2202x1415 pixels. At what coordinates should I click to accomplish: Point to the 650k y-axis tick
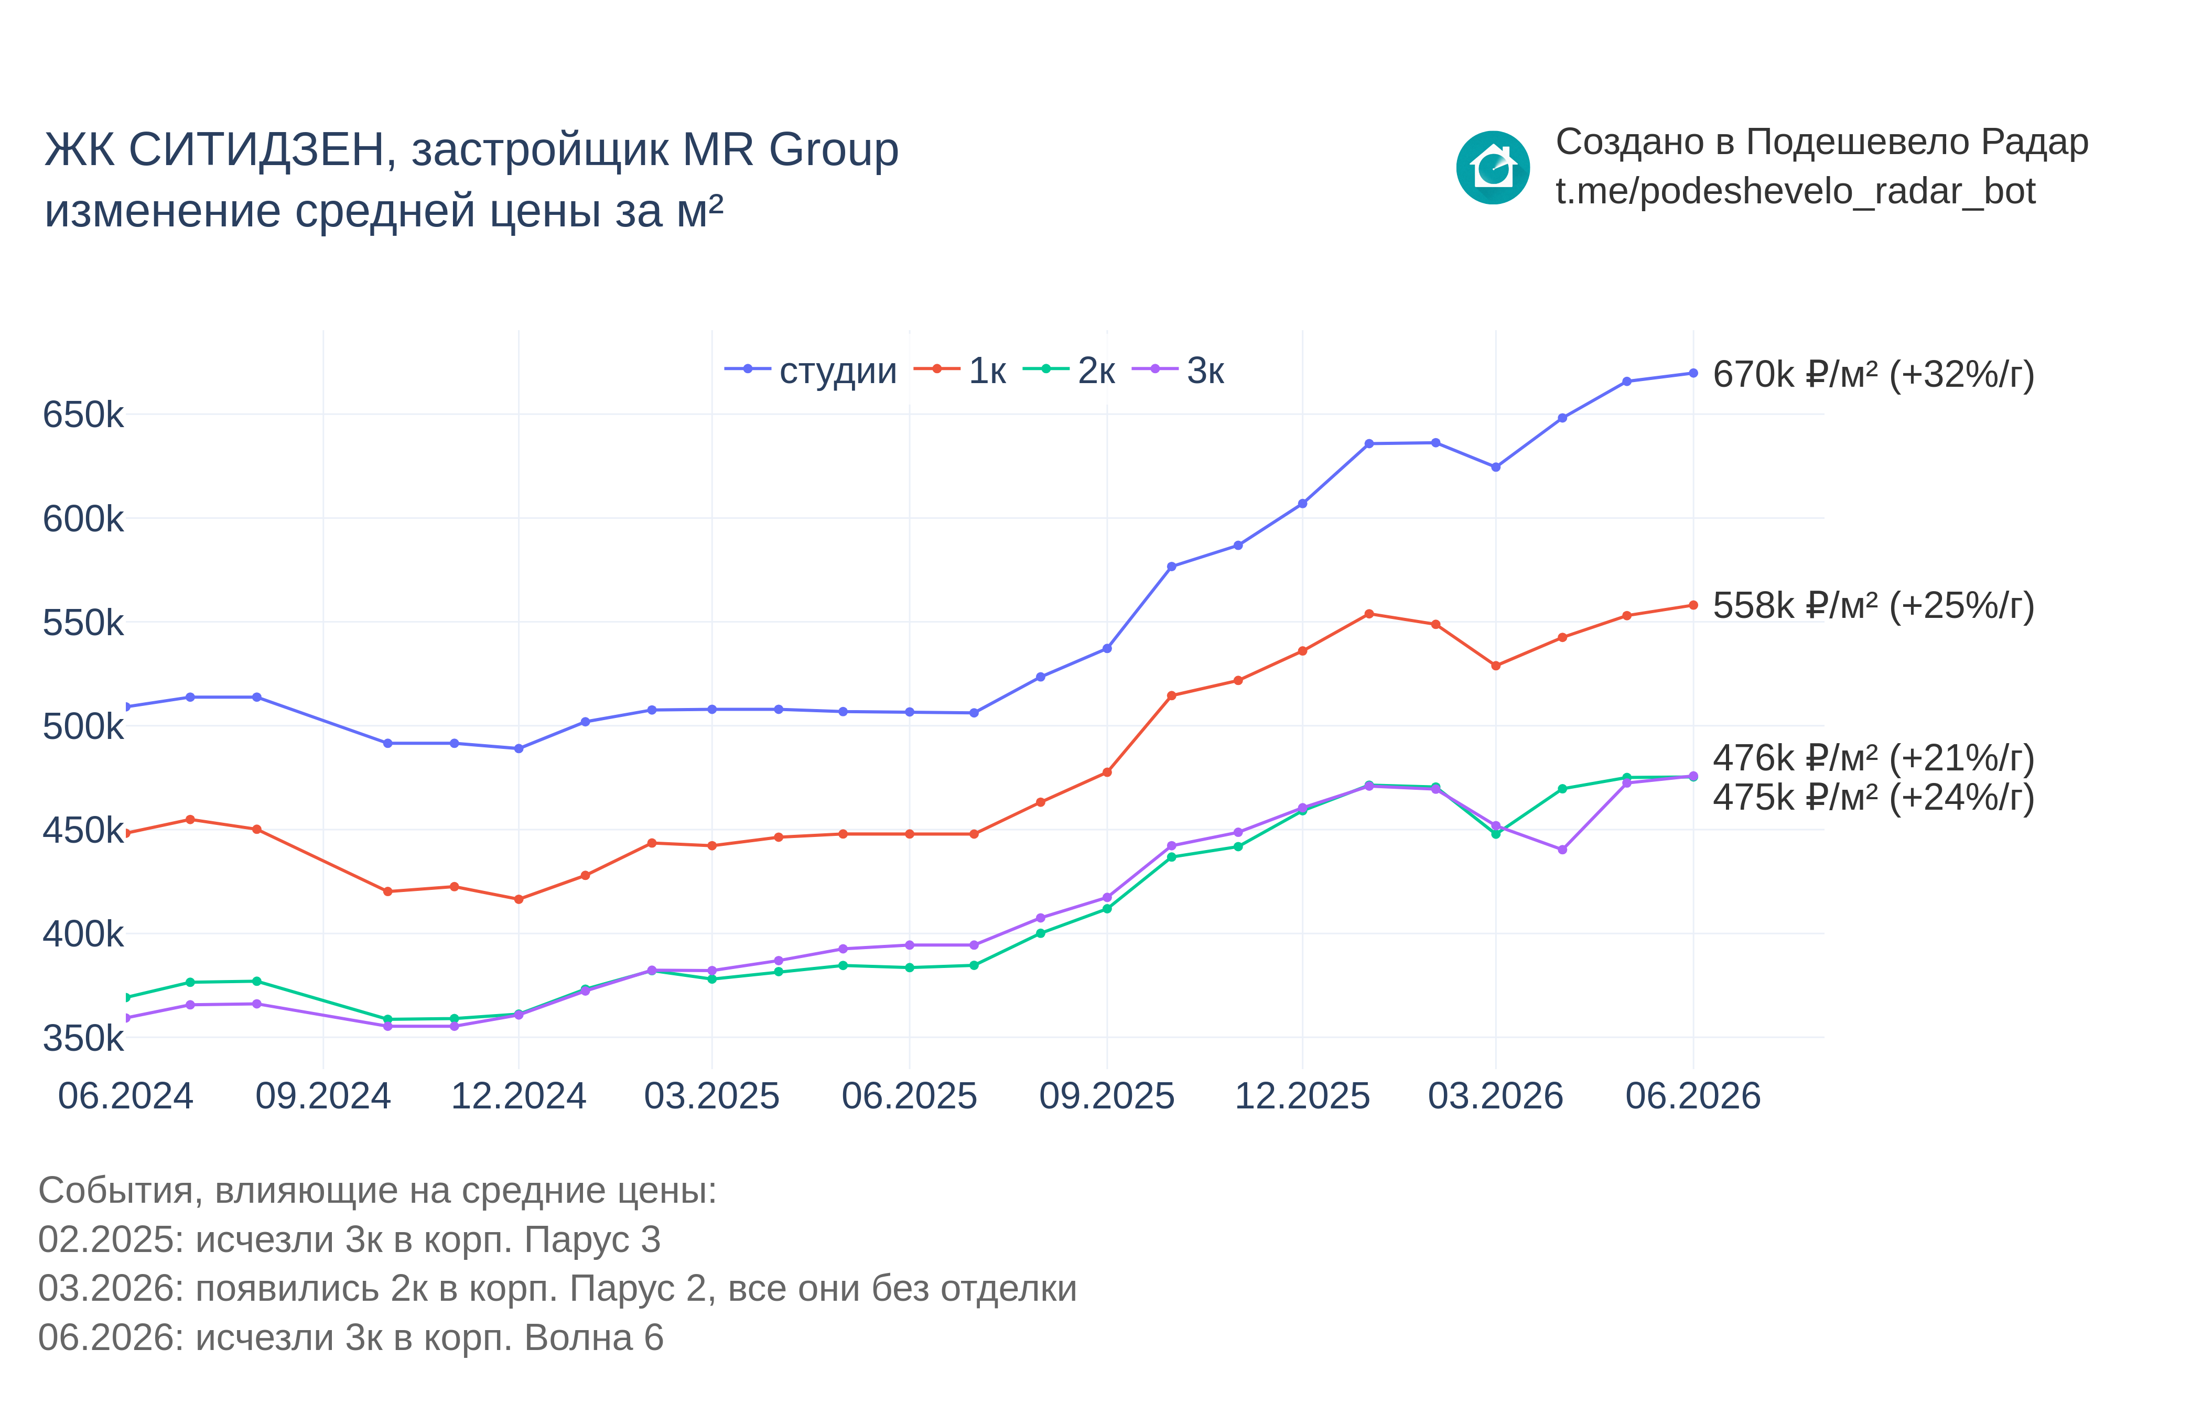tap(83, 415)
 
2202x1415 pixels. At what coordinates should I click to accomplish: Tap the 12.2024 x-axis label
tap(519, 1096)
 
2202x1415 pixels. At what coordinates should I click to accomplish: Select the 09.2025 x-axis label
tap(1107, 1096)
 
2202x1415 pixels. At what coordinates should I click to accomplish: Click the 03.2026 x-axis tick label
tap(1495, 1096)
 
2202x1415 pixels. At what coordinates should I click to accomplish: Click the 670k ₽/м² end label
tap(1873, 375)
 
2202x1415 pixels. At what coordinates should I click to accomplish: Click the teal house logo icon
tap(1493, 167)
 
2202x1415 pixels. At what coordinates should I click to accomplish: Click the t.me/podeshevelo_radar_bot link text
tap(1795, 192)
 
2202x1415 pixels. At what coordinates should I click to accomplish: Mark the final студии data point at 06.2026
tap(1693, 373)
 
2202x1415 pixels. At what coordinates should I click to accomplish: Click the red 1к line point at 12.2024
tap(519, 899)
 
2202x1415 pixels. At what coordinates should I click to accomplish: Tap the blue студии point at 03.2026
tap(1495, 467)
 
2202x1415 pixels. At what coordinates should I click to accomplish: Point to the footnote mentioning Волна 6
tap(350, 1338)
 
